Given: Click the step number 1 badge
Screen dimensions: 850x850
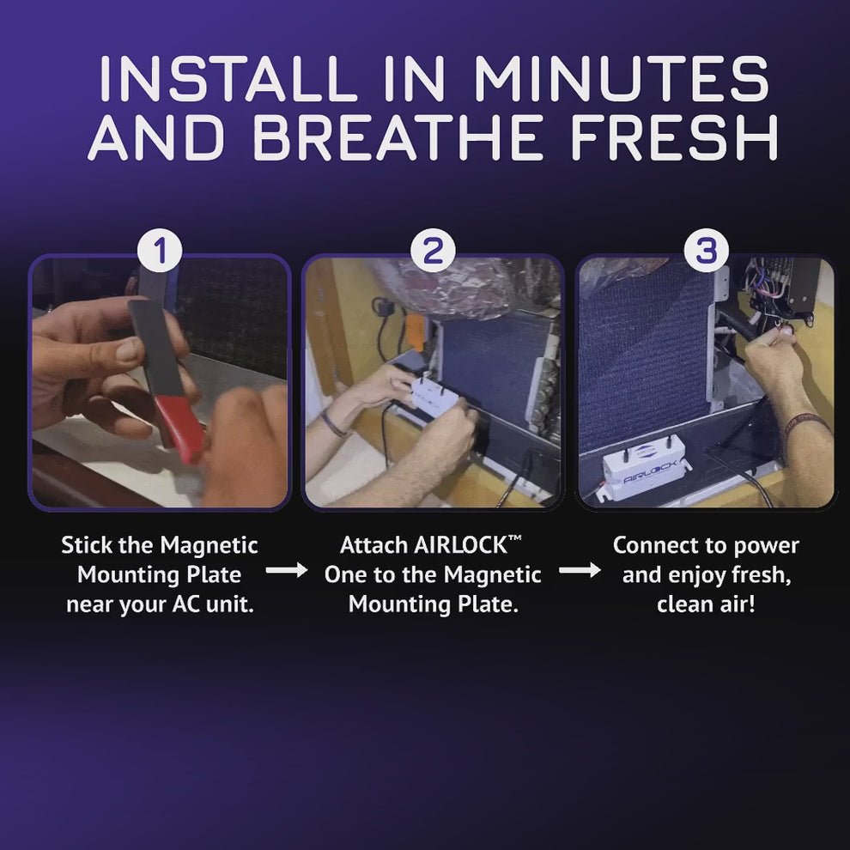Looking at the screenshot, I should pyautogui.click(x=160, y=252).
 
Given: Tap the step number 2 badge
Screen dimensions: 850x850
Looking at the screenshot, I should pyautogui.click(x=433, y=252).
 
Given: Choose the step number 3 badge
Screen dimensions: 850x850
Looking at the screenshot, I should pyautogui.click(x=705, y=252).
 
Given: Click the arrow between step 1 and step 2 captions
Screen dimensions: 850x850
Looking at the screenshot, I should pyautogui.click(x=286, y=570).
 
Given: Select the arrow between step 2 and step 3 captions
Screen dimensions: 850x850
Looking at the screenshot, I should pyautogui.click(x=580, y=570).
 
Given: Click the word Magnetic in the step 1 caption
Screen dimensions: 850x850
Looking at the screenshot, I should pyautogui.click(x=209, y=545).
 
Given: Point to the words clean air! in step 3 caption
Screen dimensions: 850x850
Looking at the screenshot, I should pyautogui.click(x=706, y=604).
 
